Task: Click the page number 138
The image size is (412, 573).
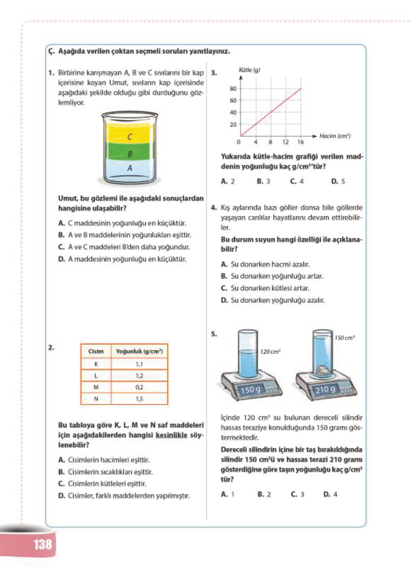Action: tap(43, 544)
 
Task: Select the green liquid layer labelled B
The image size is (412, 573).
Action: tap(130, 154)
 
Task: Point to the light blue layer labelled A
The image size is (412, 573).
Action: tap(130, 168)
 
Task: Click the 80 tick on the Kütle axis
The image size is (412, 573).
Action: tap(233, 89)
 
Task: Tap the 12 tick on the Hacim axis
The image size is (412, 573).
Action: tap(286, 142)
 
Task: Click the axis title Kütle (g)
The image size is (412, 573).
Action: tap(249, 70)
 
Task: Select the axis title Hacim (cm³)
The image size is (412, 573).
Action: tap(335, 136)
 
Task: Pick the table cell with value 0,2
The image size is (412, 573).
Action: tap(139, 387)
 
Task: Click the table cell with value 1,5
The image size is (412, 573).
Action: tap(139, 399)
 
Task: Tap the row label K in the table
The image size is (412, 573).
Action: tap(96, 364)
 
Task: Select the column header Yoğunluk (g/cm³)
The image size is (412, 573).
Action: tap(139, 351)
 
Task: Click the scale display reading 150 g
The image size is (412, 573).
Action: tap(250, 390)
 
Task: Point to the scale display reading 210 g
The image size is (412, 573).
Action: tap(325, 390)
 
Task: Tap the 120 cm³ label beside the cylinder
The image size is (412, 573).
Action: tap(270, 352)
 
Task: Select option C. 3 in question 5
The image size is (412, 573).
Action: tap(297, 494)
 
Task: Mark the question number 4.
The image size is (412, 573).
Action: tap(214, 208)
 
